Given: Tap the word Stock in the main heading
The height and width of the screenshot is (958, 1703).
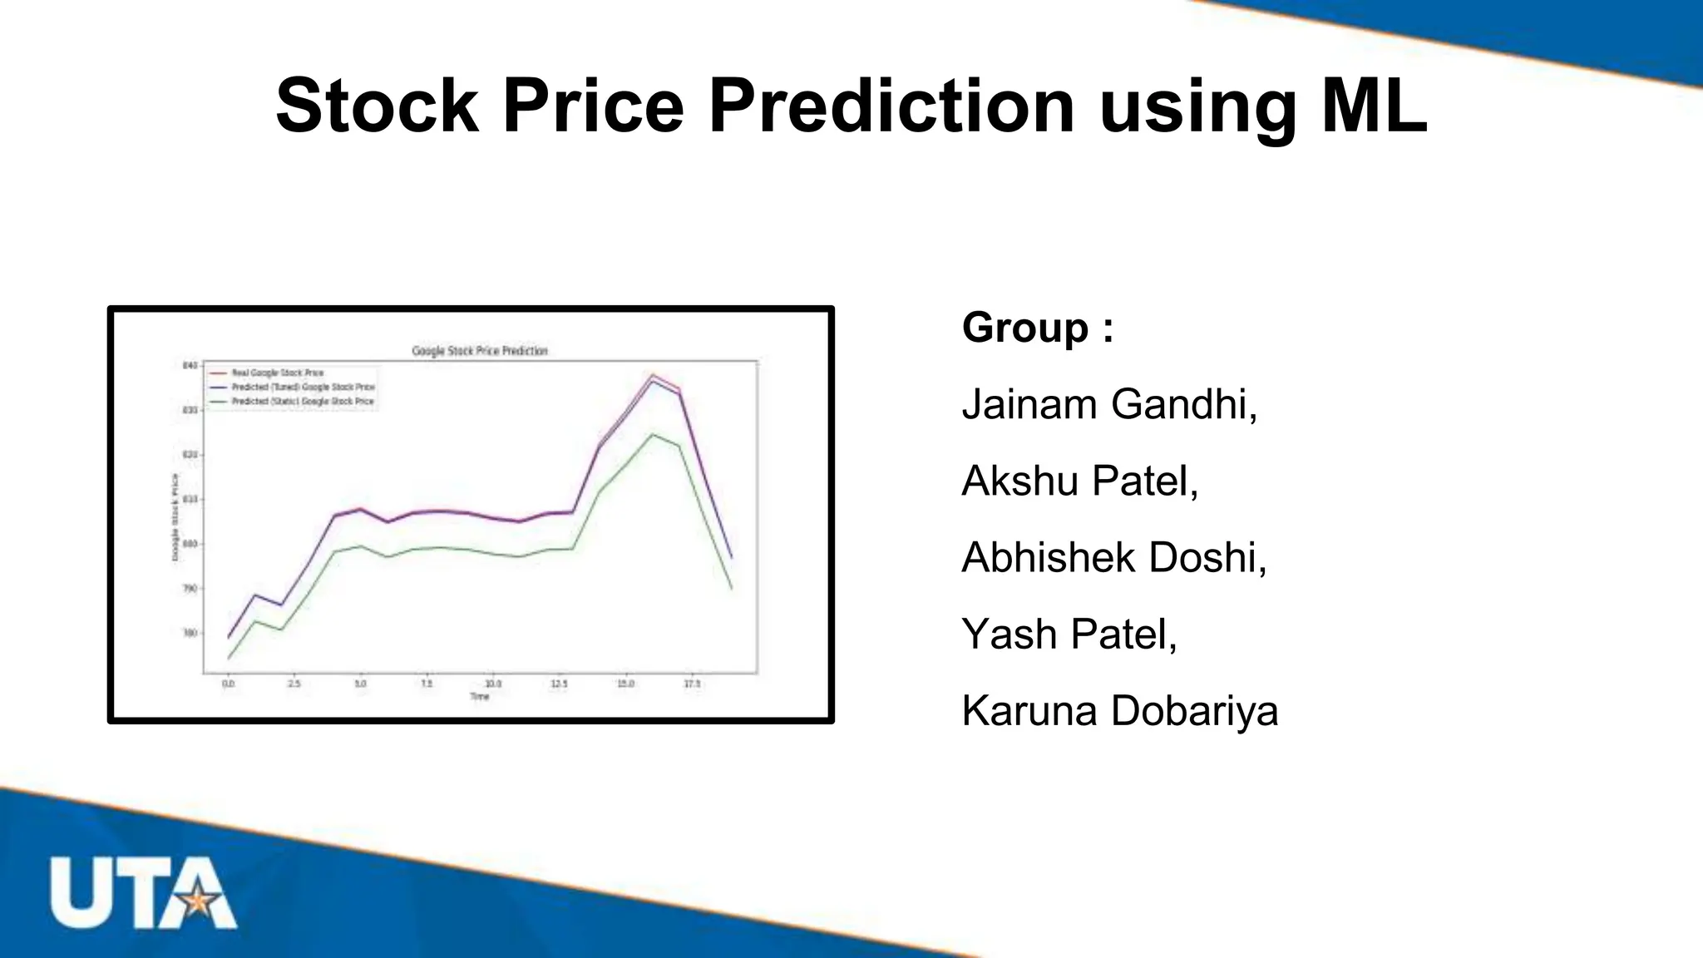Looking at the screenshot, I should coord(378,106).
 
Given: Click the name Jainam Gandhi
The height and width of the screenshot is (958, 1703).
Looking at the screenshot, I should coord(1109,405).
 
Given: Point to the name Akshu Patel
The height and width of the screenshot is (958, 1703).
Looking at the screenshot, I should coord(1079,481).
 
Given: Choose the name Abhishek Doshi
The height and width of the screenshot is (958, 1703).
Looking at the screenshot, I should coord(1113,558).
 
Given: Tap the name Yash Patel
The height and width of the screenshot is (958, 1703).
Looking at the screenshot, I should coord(1069,635).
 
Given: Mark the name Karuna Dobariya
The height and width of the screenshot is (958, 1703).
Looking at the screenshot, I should coord(1119,712).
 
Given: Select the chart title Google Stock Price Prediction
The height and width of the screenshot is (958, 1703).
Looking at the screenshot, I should coord(480,351).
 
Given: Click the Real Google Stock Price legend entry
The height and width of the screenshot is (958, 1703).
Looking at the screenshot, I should coord(277,373).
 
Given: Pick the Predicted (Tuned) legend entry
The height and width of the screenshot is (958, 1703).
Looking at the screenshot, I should coord(303,388).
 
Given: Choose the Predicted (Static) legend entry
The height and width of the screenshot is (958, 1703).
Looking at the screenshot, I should coord(302,402).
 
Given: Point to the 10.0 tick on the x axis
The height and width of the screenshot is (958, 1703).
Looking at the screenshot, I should coord(493,684).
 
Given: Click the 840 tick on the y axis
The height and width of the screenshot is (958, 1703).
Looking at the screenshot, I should coord(190,366).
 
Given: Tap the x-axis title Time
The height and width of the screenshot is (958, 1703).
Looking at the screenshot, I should coord(480,697).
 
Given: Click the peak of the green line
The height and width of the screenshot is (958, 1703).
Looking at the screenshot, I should coord(653,434).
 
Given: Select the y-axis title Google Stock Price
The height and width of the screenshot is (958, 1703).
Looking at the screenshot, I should coord(175,516).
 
